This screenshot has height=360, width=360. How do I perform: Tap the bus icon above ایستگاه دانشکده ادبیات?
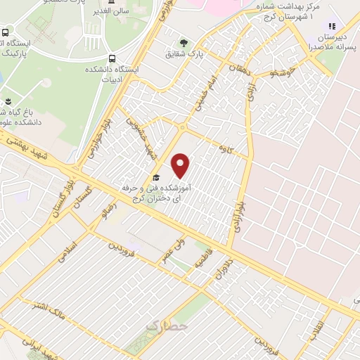(x=112, y=59)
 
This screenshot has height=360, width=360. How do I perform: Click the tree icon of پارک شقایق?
(x=184, y=42)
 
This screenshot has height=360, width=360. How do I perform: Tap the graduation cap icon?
(x=156, y=177)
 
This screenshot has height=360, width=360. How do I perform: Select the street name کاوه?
(x=225, y=148)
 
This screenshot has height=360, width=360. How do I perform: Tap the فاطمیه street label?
(x=201, y=266)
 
